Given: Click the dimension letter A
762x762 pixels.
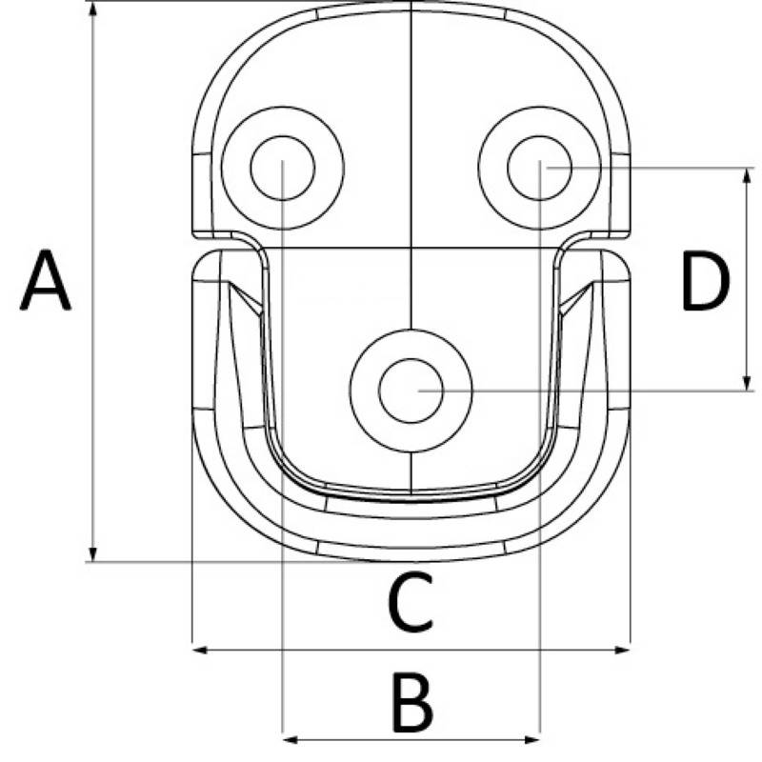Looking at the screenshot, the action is click(x=45, y=280).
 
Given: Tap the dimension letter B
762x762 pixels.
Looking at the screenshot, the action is click(x=412, y=703).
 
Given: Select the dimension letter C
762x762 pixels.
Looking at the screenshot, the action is click(x=411, y=602).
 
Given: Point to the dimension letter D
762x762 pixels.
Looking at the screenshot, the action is click(x=706, y=280).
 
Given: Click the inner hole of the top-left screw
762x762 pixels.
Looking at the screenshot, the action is click(x=282, y=168).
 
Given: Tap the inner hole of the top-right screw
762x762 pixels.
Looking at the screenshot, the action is click(x=539, y=168).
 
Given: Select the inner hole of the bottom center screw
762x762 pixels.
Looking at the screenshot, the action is click(x=411, y=391).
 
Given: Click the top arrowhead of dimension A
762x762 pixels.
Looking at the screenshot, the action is click(x=93, y=10).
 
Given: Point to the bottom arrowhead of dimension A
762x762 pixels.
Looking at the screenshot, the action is click(x=93, y=554).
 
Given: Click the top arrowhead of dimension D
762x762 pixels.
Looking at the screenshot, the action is click(x=748, y=176).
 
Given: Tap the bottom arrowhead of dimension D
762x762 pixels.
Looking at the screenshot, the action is click(x=748, y=383).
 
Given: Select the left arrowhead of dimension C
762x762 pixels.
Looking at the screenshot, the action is click(x=200, y=650).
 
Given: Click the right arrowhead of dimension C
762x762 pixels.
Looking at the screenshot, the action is click(x=623, y=650).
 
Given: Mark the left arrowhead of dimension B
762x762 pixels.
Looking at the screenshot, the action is click(x=291, y=740).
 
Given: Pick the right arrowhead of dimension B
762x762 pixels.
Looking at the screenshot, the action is click(x=532, y=740).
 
